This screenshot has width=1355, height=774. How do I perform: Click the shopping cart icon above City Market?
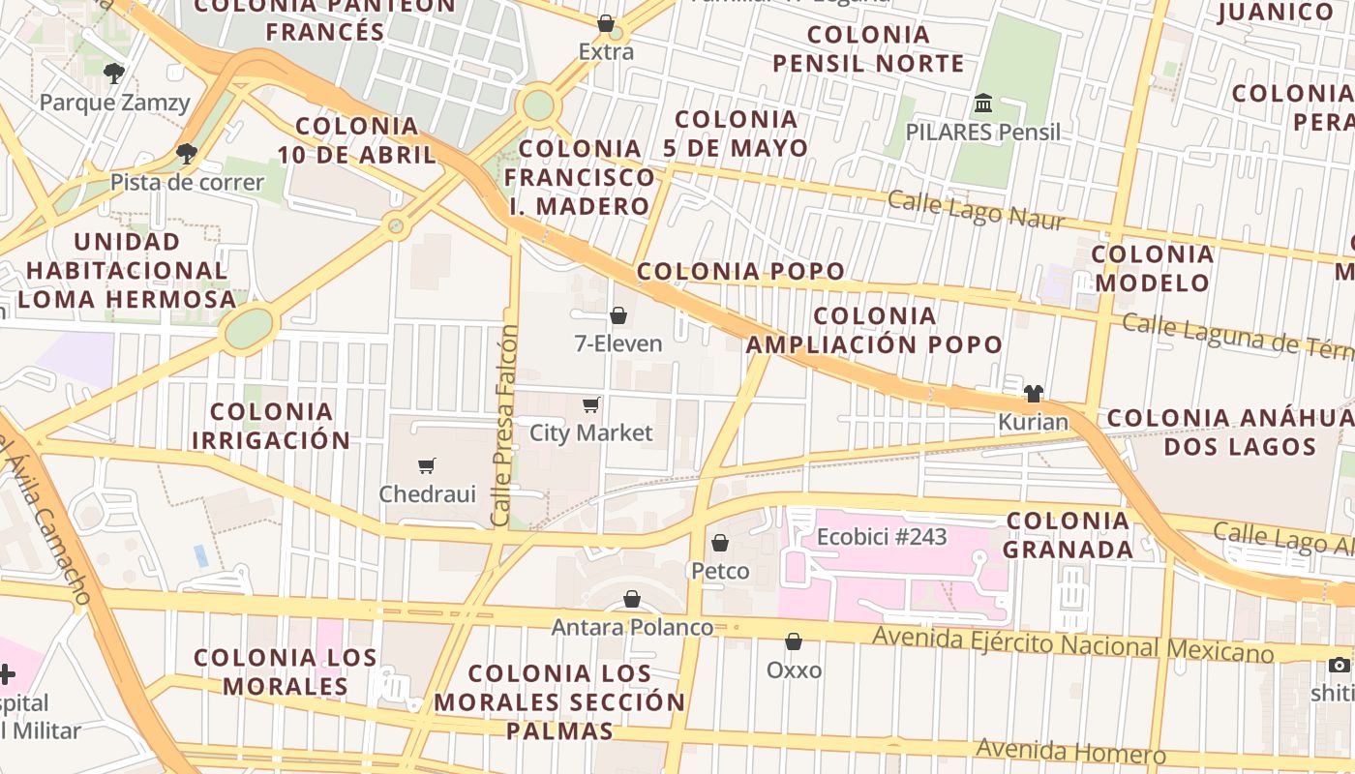590,404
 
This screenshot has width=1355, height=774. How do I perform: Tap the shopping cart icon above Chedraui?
427,465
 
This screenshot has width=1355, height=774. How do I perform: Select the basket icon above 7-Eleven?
617,315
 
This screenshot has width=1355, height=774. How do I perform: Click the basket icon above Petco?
719,543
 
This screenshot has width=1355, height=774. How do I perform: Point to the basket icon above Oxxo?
794,641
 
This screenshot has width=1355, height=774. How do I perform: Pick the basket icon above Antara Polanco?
632,599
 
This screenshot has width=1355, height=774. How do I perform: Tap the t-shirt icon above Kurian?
1034,393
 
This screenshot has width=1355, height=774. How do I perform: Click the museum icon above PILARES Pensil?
983,103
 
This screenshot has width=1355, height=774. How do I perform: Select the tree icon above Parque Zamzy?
114,73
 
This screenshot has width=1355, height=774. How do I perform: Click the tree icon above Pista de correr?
186,153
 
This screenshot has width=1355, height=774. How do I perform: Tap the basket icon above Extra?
606,23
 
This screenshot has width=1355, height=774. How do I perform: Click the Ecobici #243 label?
882,537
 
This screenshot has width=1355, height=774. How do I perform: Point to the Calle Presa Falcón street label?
503,426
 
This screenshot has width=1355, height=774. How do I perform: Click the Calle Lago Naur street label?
976,210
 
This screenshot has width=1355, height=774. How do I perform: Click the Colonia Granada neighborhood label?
1068,535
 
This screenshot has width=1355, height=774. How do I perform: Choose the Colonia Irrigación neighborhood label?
271,426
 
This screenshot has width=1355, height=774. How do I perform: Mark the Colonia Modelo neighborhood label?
1152,268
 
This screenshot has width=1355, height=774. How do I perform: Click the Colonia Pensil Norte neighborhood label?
868,49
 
